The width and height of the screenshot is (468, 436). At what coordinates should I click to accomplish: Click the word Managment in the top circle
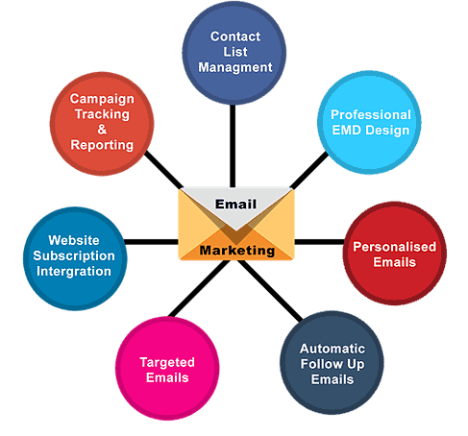(x=235, y=67)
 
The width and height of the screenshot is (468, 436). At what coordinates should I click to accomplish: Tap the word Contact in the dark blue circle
(x=235, y=36)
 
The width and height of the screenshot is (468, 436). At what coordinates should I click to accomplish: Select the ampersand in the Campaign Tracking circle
(x=102, y=130)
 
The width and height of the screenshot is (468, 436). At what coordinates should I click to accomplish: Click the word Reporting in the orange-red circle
(x=102, y=145)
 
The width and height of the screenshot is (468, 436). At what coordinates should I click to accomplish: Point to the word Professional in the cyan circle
(x=371, y=114)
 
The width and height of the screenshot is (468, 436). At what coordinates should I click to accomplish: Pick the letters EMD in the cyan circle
(x=347, y=131)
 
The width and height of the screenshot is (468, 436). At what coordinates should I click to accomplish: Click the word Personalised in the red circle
(x=394, y=247)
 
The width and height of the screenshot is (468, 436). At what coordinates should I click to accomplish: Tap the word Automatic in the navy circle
(x=333, y=349)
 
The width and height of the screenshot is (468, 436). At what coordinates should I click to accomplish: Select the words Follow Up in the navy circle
(x=333, y=364)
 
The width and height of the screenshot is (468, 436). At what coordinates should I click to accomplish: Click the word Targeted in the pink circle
(x=167, y=362)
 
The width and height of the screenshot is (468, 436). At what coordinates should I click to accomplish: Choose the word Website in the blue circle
(x=74, y=240)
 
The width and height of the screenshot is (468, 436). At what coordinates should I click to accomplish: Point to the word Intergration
(x=74, y=271)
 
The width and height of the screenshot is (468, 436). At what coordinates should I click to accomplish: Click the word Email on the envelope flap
(x=235, y=204)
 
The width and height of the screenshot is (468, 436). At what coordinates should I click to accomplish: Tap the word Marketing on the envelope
(x=237, y=251)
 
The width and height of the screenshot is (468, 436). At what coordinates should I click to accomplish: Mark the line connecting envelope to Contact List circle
(x=233, y=146)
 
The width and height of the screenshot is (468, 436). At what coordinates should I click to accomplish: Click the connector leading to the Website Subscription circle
(x=151, y=242)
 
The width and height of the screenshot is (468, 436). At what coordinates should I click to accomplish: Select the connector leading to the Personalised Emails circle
(x=319, y=242)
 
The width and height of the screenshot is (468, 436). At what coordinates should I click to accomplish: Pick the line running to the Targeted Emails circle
(x=199, y=288)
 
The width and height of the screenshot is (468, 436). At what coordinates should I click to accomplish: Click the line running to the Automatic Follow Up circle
(x=270, y=290)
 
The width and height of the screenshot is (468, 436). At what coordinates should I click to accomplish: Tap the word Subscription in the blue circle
(x=74, y=255)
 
